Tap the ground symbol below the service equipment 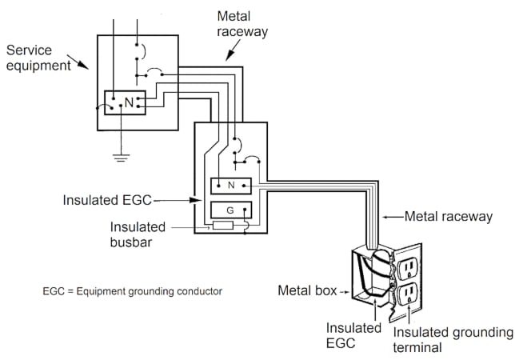[x=121, y=157]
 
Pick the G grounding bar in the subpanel [x=231, y=210]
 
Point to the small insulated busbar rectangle [x=222, y=226]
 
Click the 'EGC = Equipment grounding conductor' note [x=133, y=290]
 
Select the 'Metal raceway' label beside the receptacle [x=446, y=216]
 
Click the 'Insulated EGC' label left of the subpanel [x=107, y=199]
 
